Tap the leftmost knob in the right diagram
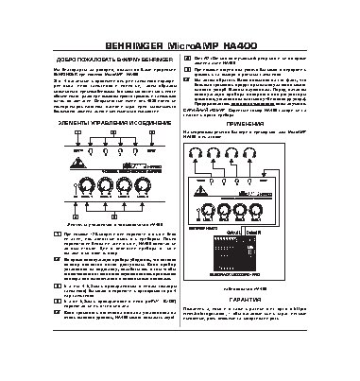pos(231,210)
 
